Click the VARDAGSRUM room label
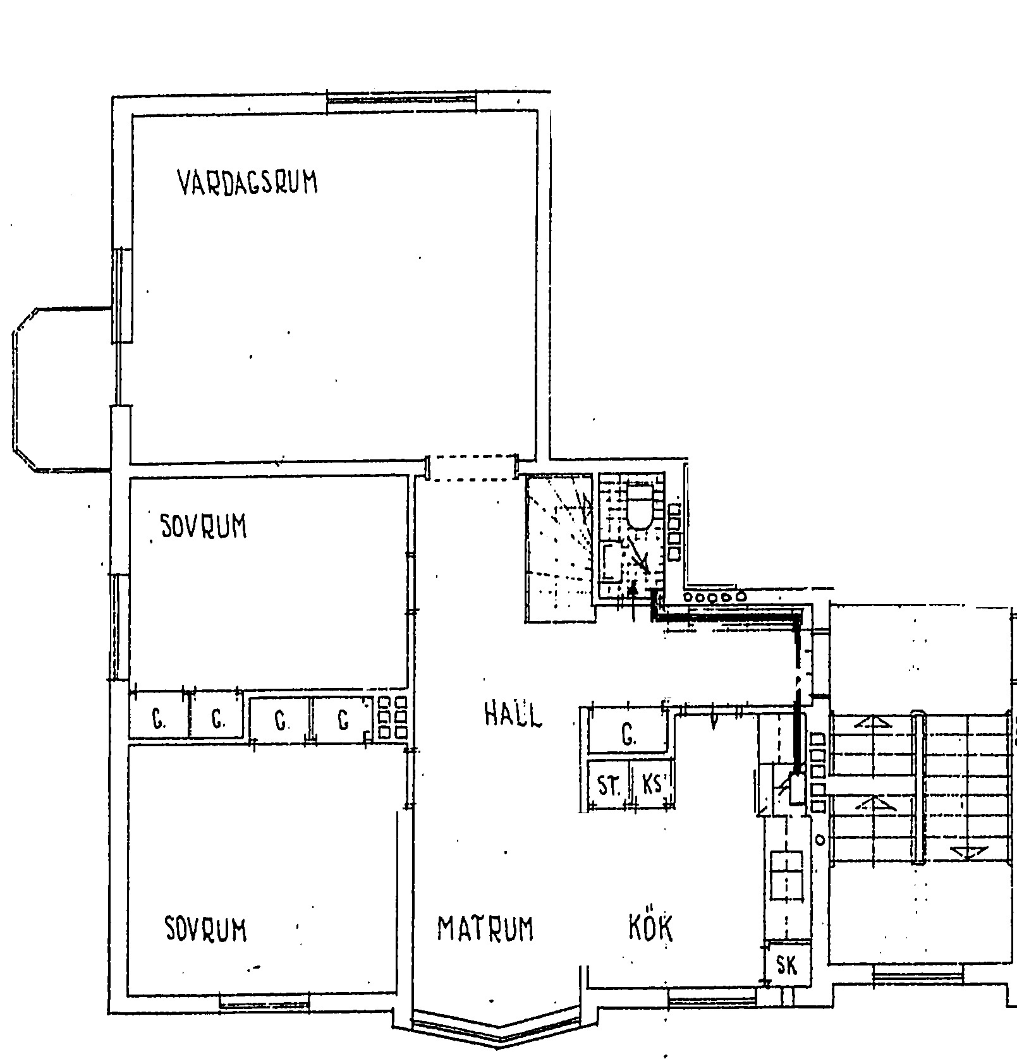247,182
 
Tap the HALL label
513,715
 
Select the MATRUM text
485,928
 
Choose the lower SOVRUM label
205,928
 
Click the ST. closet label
609,787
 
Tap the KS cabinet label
652,785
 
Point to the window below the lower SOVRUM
265,1000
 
